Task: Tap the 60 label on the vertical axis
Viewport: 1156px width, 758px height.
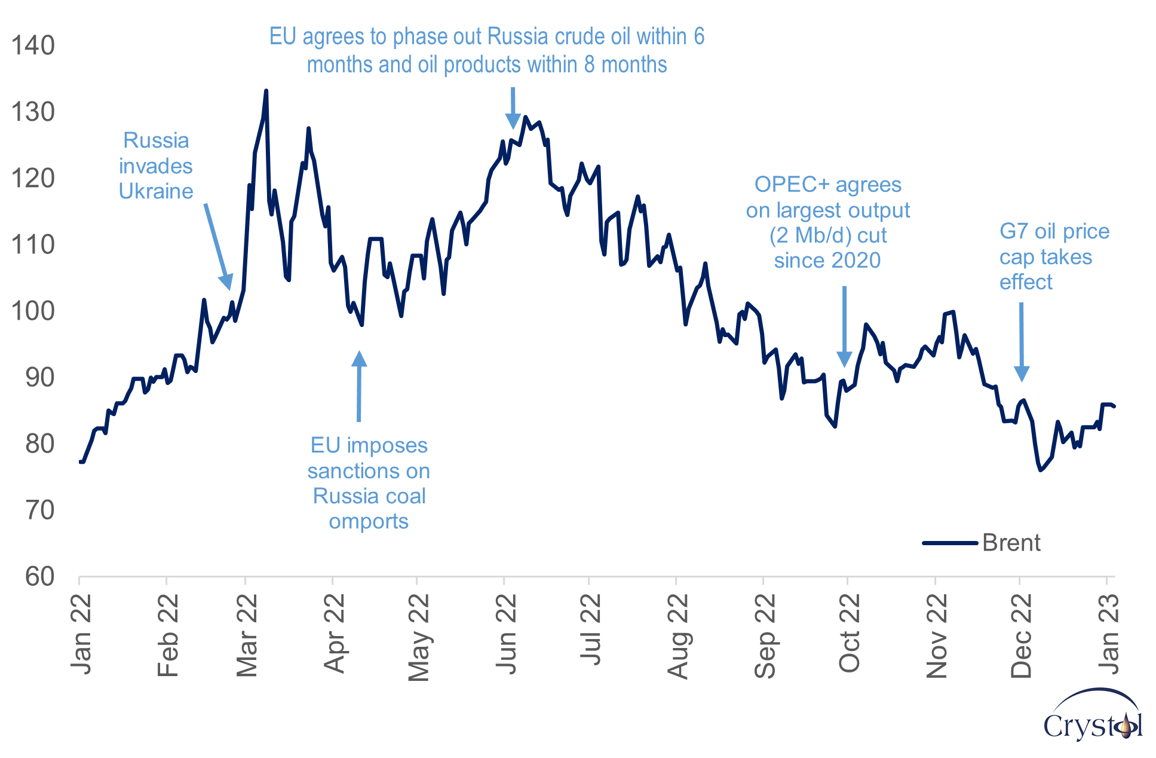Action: coord(39,577)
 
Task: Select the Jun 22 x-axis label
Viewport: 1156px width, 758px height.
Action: coord(506,634)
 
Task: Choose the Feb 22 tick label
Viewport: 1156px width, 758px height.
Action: coord(168,635)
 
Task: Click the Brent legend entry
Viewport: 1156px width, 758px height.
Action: coord(1011,543)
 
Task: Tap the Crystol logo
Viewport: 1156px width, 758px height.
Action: coord(1093,717)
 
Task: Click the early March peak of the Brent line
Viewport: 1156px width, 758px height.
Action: coord(266,91)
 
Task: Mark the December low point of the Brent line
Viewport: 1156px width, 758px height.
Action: coord(1040,470)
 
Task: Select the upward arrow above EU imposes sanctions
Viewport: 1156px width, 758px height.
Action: coord(359,386)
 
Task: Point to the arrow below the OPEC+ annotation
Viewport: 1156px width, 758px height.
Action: coord(844,326)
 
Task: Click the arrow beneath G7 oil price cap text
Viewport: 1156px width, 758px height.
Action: coord(1022,341)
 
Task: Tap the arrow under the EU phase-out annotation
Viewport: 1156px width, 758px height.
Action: coord(513,108)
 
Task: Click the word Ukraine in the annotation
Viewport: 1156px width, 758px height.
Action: coord(156,191)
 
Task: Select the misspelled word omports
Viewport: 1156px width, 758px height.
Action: coord(369,521)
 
